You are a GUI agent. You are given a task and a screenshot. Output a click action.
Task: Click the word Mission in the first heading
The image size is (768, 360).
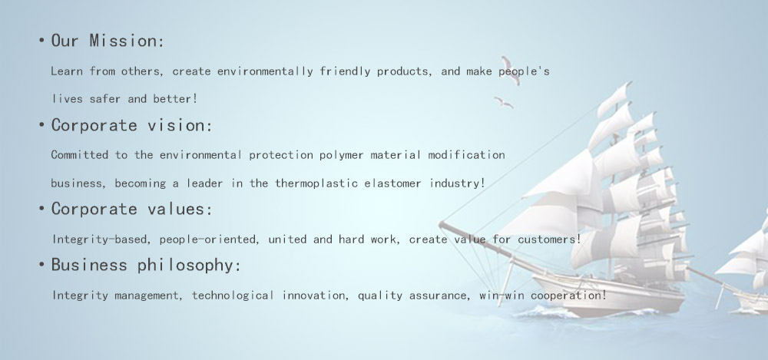pos(126,41)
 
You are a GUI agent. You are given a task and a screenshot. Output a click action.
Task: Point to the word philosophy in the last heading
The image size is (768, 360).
pos(190,266)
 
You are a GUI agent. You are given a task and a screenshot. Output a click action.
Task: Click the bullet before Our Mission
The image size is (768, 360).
pos(41,41)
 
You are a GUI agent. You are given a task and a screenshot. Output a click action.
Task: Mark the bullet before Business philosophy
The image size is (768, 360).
pos(41,265)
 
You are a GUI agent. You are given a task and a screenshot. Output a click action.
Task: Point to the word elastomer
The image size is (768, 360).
pos(392,183)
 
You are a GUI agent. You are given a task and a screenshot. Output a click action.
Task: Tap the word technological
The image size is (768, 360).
pos(233,296)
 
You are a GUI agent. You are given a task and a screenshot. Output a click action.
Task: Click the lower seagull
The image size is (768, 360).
pos(503,102)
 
